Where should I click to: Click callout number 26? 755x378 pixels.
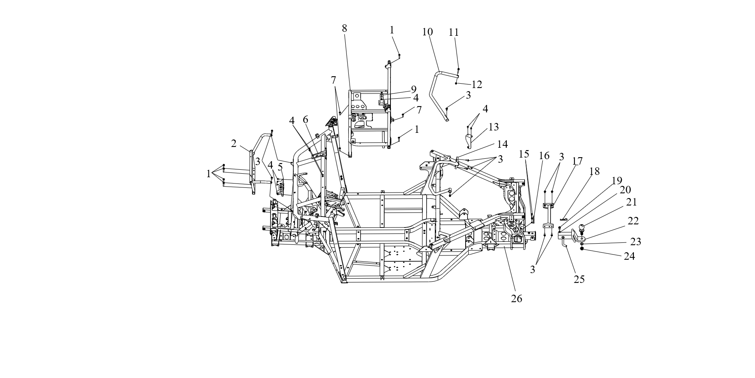point(516,299)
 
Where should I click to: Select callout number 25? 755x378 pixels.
point(579,279)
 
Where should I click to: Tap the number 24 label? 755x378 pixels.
point(629,256)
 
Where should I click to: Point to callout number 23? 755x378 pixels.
point(635,242)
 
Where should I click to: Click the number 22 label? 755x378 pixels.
point(633,221)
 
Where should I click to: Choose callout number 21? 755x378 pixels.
point(632,202)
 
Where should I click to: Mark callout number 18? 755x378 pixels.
point(595,171)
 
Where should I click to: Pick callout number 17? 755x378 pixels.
point(577,161)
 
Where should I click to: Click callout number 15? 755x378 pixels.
point(524,154)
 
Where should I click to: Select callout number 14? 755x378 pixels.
point(502,144)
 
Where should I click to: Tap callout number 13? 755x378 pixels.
point(494,127)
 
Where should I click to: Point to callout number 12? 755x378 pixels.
point(477,84)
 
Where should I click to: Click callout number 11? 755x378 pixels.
point(454,32)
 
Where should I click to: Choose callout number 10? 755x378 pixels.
point(427,32)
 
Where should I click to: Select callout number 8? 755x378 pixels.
point(344,28)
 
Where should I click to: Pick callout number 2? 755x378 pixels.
point(234,144)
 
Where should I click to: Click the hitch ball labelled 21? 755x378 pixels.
point(582,227)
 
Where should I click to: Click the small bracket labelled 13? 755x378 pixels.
point(469,141)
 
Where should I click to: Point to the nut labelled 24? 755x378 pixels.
point(582,249)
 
